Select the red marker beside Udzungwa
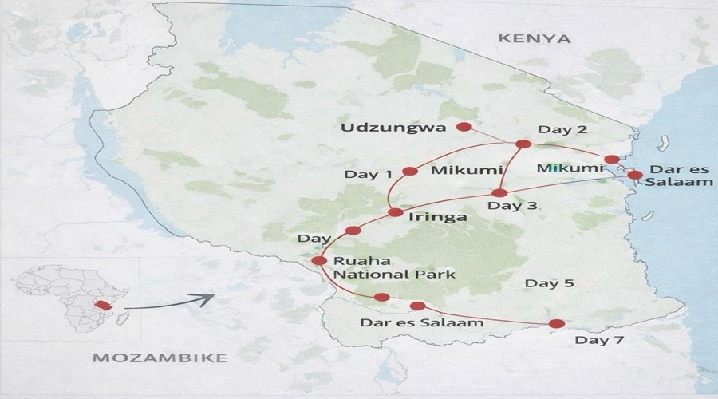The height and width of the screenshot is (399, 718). point(464,127)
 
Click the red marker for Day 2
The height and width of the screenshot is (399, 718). point(523,144)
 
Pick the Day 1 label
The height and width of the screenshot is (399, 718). point(368,174)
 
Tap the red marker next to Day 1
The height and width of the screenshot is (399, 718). point(411,171)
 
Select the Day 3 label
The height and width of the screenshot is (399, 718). point(512,206)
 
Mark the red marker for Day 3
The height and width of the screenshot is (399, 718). point(499,193)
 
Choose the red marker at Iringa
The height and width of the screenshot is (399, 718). point(395,212)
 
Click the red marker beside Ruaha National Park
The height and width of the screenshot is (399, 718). point(319,260)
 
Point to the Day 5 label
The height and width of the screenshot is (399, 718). point(549,283)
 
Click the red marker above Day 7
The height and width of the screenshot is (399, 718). point(557,323)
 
